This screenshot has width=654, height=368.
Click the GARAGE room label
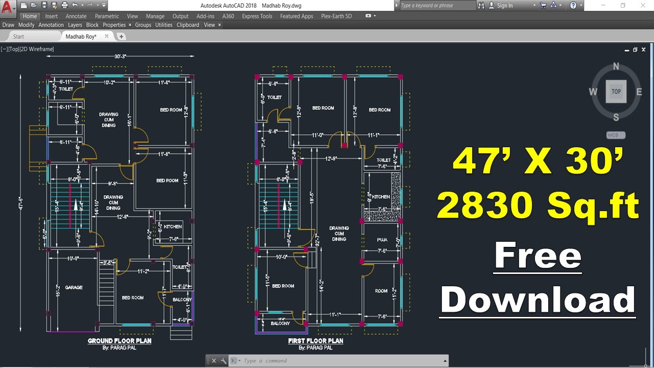[x=74, y=288]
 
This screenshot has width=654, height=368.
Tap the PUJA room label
[x=382, y=240]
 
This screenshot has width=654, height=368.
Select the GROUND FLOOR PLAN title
[x=120, y=341]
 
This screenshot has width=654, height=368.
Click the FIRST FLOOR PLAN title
[x=315, y=341]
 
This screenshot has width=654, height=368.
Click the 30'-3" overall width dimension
[x=121, y=56]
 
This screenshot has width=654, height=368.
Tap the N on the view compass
[x=616, y=66]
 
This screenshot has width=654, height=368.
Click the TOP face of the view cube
[x=616, y=91]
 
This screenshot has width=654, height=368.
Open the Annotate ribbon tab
[x=76, y=16]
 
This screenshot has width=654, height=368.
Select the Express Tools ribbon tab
[x=257, y=16]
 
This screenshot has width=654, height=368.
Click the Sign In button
[x=504, y=6]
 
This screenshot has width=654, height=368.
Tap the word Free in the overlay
[x=538, y=257]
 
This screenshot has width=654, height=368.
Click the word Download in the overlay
[x=538, y=300]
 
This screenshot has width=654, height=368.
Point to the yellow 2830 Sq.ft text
[x=538, y=206]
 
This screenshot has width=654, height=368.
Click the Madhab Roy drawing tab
[x=81, y=36]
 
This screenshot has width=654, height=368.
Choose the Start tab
[x=18, y=36]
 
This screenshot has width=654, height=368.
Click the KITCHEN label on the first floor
[x=381, y=197]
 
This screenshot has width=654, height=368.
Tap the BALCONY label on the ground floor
[x=182, y=300]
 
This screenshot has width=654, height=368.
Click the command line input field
[x=342, y=361]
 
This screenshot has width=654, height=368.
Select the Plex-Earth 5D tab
[x=336, y=16]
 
